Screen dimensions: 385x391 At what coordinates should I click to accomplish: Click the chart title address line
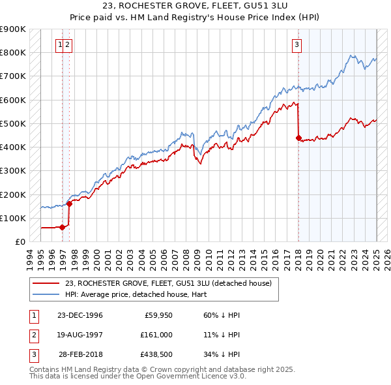click(195, 6)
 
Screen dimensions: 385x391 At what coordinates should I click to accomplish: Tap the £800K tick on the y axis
click(13, 52)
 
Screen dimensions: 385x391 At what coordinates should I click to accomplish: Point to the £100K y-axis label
click(13, 218)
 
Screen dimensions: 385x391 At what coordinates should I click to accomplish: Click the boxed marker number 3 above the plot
click(297, 45)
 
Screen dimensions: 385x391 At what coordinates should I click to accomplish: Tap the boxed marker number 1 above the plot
click(60, 45)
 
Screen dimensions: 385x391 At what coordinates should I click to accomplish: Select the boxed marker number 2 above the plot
click(68, 45)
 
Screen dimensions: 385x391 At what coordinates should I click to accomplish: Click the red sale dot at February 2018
click(298, 138)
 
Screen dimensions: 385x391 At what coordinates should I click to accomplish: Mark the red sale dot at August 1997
click(69, 204)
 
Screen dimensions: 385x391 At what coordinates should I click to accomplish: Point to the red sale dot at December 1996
click(62, 227)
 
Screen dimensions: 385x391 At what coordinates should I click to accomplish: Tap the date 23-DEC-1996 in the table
click(80, 315)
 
